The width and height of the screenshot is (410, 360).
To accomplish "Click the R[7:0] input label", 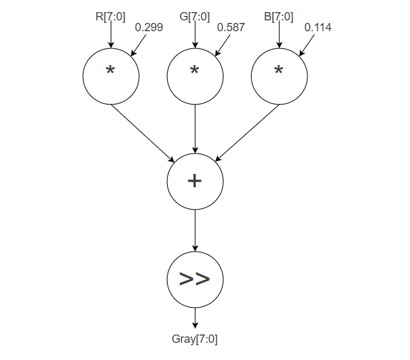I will [110, 17].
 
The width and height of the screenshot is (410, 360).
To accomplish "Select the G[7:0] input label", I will [194, 17].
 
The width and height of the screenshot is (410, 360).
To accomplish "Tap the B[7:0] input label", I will [279, 17].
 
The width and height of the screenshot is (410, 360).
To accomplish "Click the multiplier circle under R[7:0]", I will [111, 76].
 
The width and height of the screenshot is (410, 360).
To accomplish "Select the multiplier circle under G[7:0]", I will [195, 76].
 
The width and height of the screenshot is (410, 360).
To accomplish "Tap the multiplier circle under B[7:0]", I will [279, 76].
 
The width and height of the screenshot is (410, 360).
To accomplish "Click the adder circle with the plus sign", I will [195, 181].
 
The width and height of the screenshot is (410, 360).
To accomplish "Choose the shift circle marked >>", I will [195, 279].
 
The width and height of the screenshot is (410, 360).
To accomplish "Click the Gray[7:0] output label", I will [195, 339].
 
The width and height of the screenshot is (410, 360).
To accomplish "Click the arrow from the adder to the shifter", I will [195, 230].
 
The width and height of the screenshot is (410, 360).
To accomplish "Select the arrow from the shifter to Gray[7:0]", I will [195, 317].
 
